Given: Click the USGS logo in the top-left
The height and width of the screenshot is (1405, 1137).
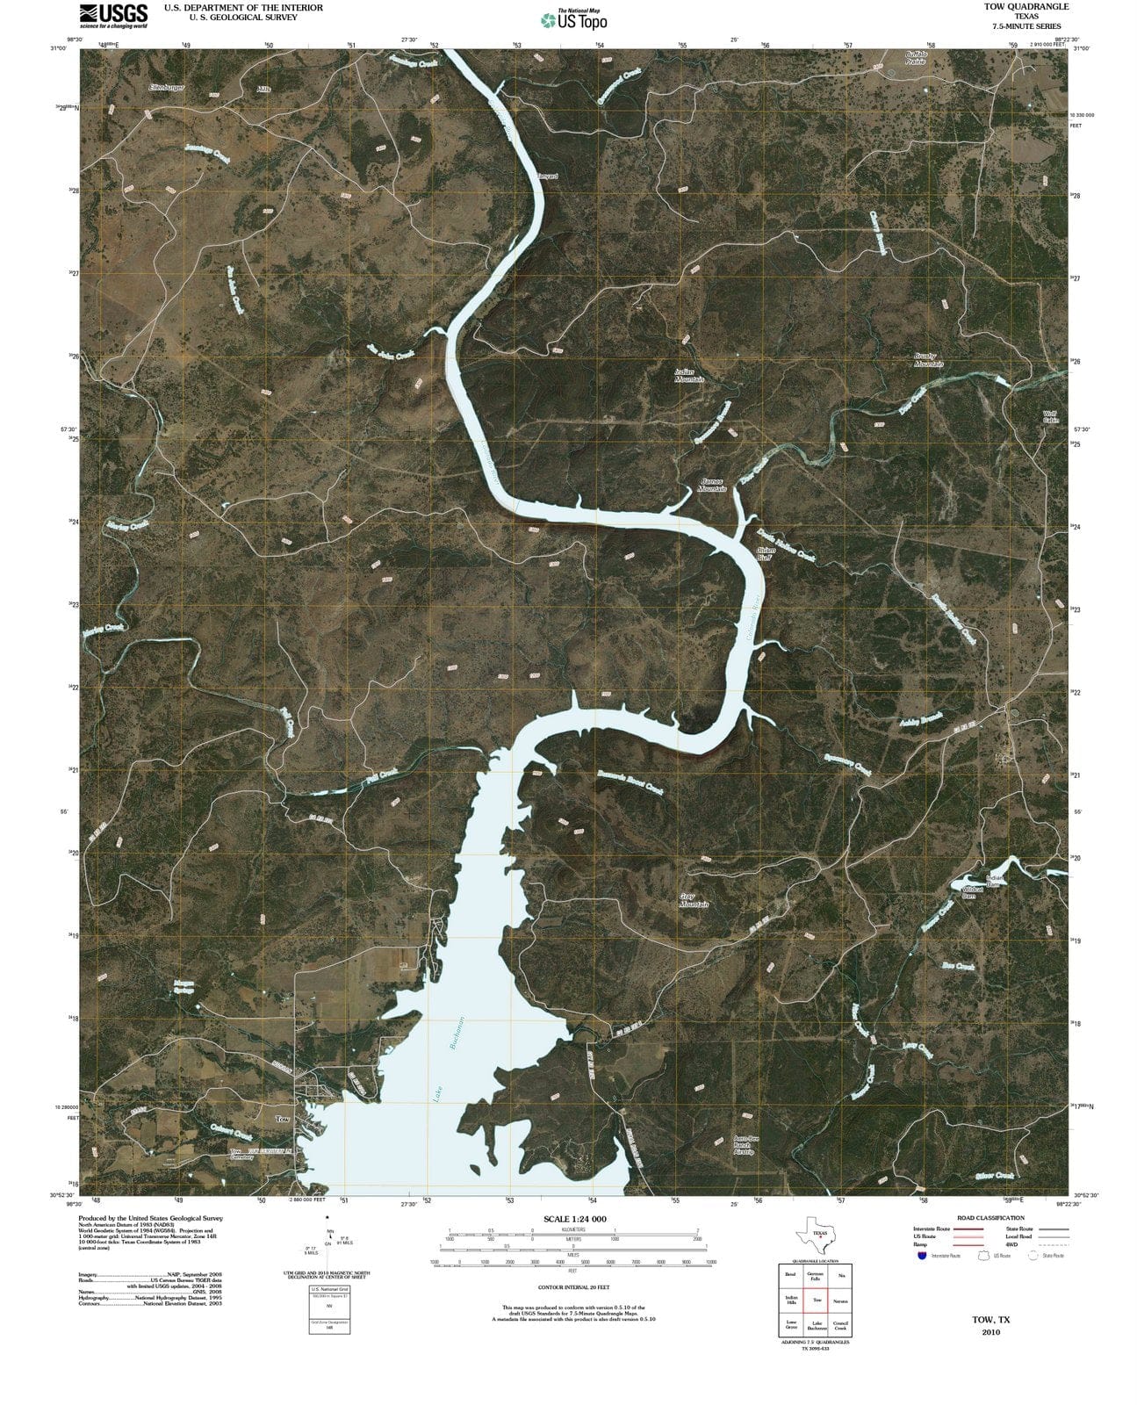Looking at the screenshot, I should pyautogui.click(x=114, y=15).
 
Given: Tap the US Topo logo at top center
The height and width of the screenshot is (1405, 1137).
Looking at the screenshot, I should pyautogui.click(x=572, y=19).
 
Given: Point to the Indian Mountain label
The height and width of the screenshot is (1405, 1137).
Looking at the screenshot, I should pyautogui.click(x=689, y=376).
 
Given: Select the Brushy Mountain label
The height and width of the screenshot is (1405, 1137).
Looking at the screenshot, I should pyautogui.click(x=928, y=360).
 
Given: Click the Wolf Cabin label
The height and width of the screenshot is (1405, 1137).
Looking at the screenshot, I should pyautogui.click(x=1050, y=417).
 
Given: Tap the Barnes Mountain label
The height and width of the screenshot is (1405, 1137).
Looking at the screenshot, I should pyautogui.click(x=712, y=485).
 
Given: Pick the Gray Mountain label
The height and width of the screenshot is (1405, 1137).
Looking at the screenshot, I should pyautogui.click(x=694, y=900).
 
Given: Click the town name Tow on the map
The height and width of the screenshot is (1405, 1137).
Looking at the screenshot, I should pyautogui.click(x=283, y=1120).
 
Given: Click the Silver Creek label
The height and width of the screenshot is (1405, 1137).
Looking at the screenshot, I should pyautogui.click(x=995, y=1176).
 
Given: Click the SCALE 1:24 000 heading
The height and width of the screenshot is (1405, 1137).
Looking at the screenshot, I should pyautogui.click(x=575, y=1220).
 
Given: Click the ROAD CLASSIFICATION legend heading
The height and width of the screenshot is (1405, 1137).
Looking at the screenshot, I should pyautogui.click(x=990, y=1218).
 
